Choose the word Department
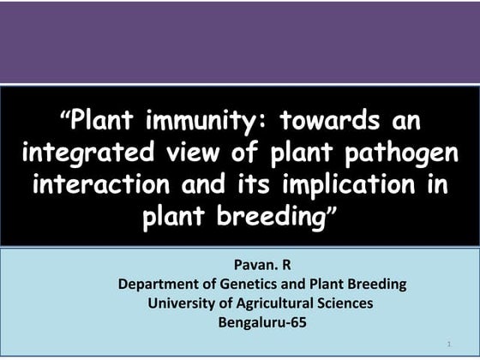coord(162,284)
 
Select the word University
coord(185,303)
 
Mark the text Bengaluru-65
coord(262,323)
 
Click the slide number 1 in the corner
coord(448,344)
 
